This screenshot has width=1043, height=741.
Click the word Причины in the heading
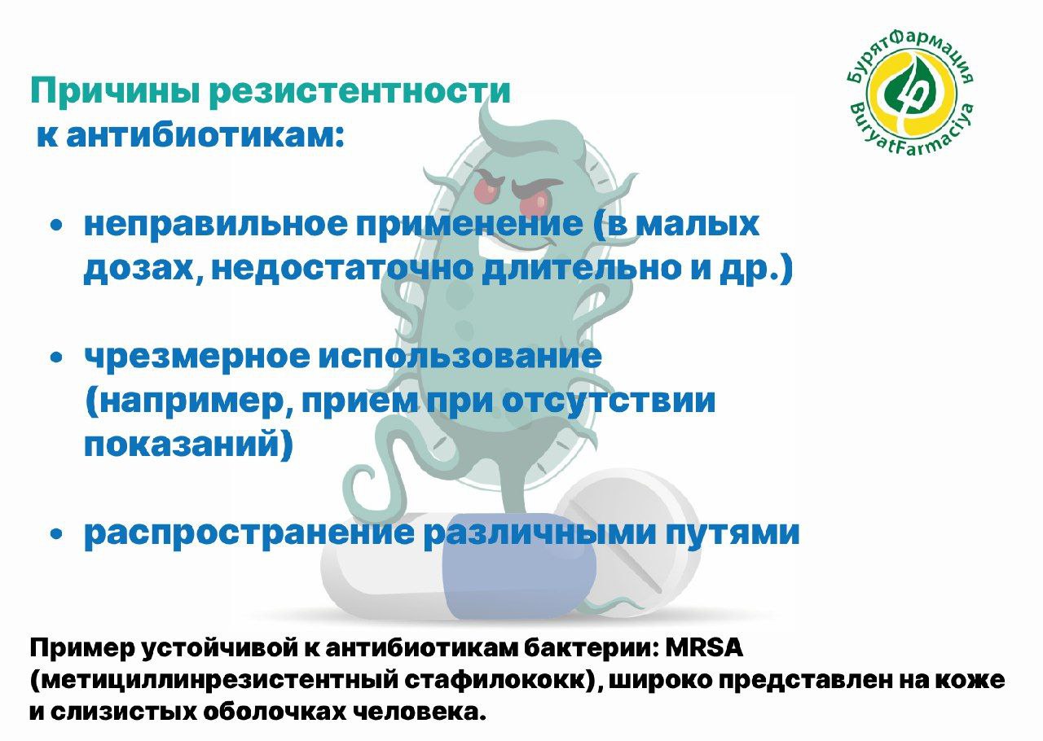coord(115,92)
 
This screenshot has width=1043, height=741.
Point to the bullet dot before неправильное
coord(56,226)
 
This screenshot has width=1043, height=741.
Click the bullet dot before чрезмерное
coord(56,357)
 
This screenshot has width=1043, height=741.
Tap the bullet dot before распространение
coord(56,534)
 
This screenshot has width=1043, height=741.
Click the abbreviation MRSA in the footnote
coord(704,648)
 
